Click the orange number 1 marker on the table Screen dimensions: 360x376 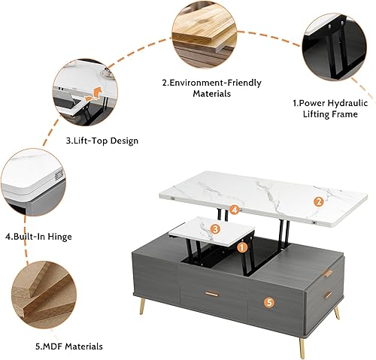click(242, 246)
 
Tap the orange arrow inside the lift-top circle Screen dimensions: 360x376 click(93, 94)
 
